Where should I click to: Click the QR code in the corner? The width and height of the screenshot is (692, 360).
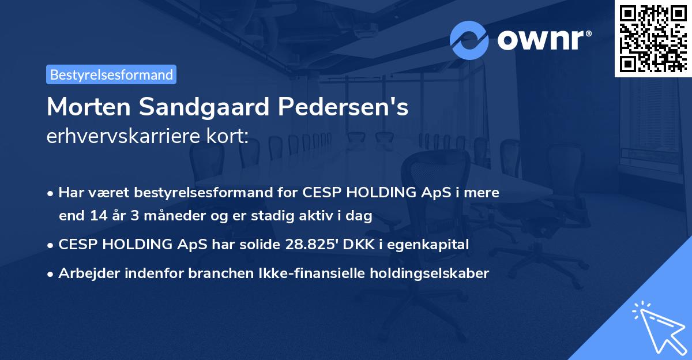pos(653,39)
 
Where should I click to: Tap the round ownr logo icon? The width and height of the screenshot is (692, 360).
pos(469,40)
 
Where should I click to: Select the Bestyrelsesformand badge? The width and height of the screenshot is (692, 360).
pos(111,74)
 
